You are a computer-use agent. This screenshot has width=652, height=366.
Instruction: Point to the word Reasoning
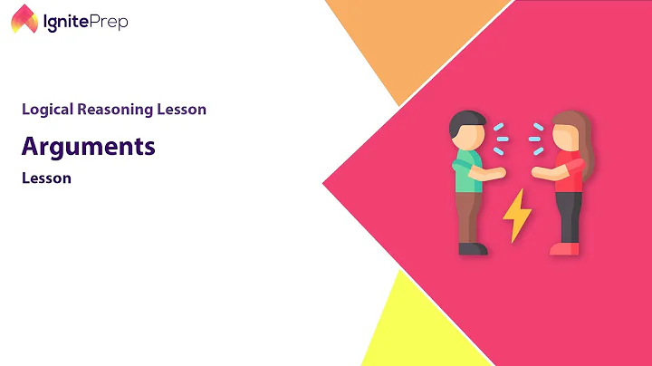[x=117, y=110]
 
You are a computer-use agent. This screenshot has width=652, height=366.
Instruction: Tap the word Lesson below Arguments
[x=46, y=178]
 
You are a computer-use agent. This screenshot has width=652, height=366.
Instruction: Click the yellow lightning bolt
[x=517, y=215]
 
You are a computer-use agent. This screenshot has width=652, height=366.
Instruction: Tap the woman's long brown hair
[x=580, y=136]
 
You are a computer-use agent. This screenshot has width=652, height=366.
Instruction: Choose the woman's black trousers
[x=568, y=216]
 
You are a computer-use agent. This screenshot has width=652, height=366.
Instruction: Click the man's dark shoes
[x=472, y=248]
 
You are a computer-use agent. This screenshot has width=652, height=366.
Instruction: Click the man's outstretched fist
[x=497, y=172]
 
